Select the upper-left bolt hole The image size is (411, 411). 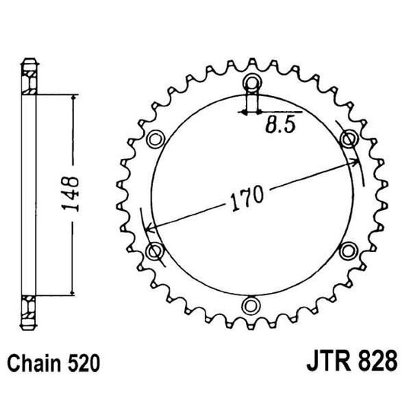158,139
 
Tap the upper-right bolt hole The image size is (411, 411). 349,139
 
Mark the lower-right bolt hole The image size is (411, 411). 349,250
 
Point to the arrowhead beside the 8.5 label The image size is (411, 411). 244,111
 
